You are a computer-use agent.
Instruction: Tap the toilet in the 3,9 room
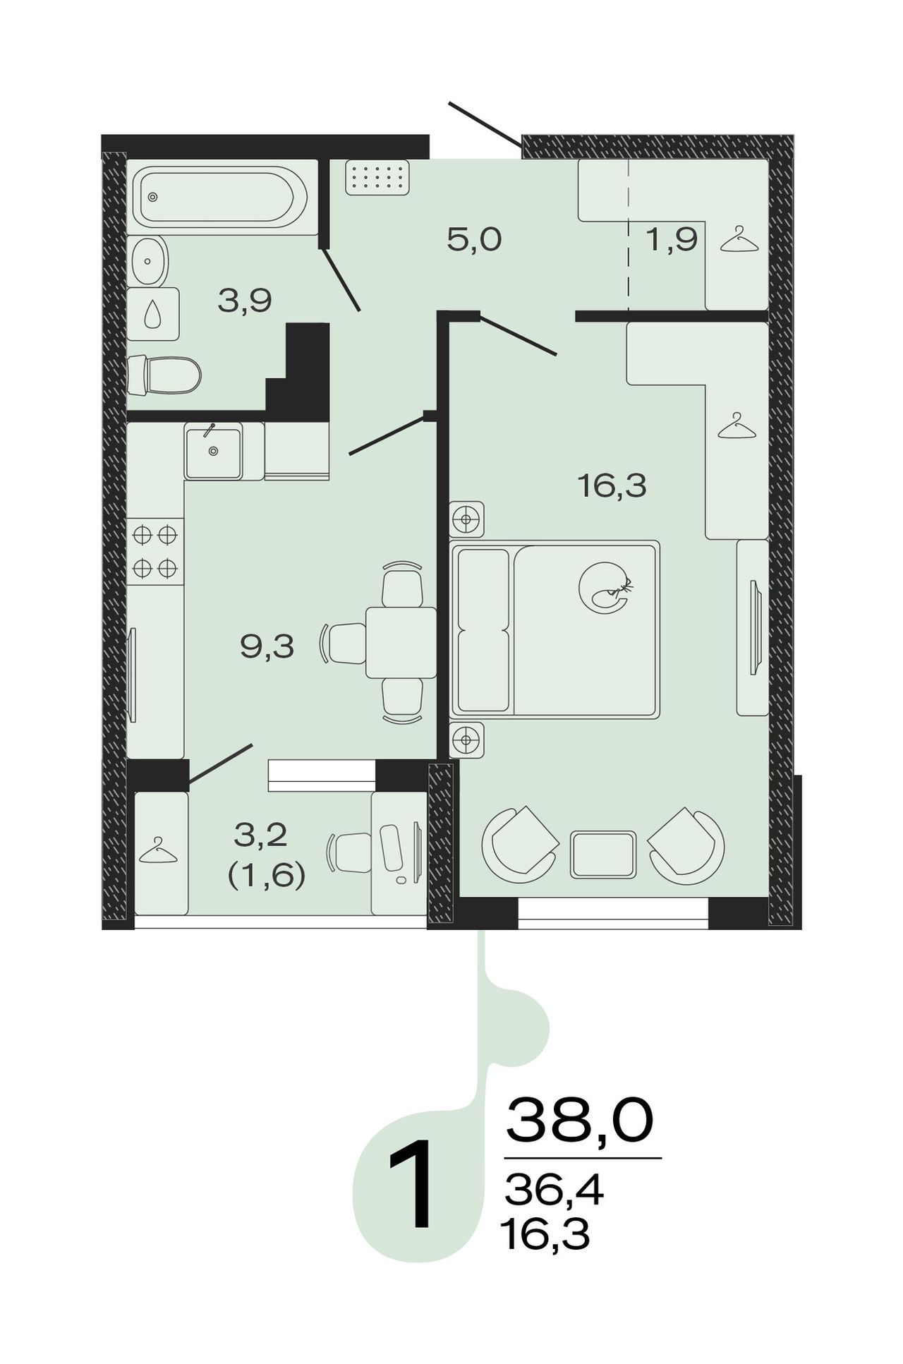tap(164, 375)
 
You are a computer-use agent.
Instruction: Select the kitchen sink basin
tap(213, 451)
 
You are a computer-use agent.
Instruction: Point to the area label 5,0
tap(474, 241)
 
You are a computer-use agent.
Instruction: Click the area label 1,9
tap(672, 241)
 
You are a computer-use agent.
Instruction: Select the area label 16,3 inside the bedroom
tap(612, 486)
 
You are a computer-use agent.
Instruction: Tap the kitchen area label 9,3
tap(267, 646)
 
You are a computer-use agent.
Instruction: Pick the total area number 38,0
tap(579, 1120)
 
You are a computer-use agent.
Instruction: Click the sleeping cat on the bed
tap(605, 588)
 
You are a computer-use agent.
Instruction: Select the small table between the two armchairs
tap(603, 855)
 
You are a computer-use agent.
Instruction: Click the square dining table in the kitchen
tap(401, 642)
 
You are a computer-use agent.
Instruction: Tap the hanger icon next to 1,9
tap(739, 239)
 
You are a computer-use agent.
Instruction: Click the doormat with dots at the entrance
tap(377, 176)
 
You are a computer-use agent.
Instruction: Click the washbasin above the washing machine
tap(147, 260)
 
